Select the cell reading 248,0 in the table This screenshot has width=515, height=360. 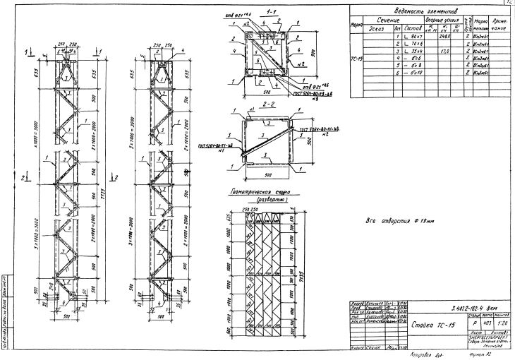point(425,36)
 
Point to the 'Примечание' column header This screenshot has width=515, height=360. point(497,24)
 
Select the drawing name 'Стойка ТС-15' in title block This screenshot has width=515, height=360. point(428,327)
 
